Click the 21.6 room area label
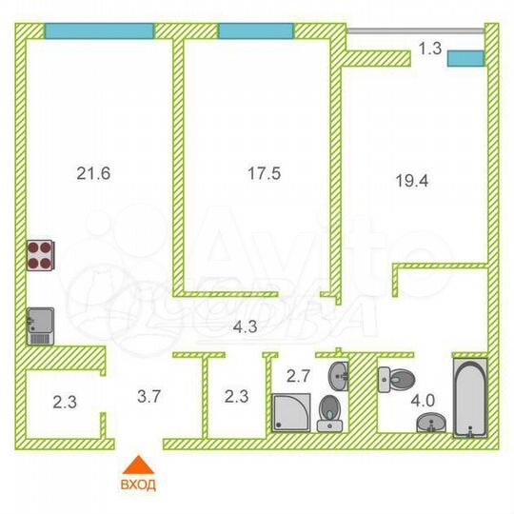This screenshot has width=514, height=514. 93,173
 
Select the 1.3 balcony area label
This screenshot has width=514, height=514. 429,49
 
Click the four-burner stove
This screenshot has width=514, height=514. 42,254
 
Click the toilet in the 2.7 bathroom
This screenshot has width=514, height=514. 329,412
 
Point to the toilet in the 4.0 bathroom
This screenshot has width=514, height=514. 392,378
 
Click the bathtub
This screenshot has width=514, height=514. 469,398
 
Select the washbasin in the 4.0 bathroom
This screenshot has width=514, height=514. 433,424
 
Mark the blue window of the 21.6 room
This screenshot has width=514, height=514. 99,30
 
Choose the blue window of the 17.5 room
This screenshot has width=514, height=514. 255,30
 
